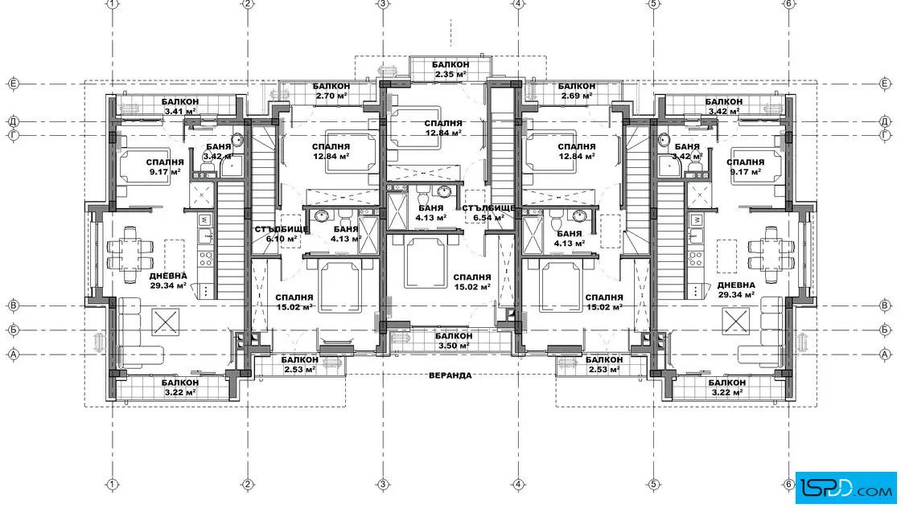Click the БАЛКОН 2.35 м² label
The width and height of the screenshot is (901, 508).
(x=450, y=69)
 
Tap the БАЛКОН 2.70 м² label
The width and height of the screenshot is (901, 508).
(x=331, y=91)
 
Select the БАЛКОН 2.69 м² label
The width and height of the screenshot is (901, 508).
(x=576, y=91)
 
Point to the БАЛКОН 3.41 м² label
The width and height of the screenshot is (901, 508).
(x=180, y=106)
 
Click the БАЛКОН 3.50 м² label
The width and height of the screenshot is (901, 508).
(x=454, y=340)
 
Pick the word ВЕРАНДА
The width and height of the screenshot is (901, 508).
(x=450, y=375)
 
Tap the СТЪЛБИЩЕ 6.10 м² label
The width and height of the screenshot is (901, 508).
(x=282, y=234)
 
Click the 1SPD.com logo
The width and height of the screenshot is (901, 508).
(x=845, y=487)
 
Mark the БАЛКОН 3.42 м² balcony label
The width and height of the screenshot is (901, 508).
(x=723, y=106)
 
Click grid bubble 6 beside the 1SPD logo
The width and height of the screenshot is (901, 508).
(x=789, y=485)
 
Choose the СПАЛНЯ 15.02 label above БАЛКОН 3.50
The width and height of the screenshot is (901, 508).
(x=471, y=282)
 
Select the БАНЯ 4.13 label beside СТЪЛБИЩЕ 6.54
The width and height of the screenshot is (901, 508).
(x=430, y=213)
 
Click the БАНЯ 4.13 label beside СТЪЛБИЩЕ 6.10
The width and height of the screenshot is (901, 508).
(x=345, y=234)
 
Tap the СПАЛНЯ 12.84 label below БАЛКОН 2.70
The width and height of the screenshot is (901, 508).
(x=331, y=151)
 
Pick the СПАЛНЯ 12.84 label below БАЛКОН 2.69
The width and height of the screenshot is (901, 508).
(x=576, y=151)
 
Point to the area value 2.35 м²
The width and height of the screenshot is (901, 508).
(x=450, y=74)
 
